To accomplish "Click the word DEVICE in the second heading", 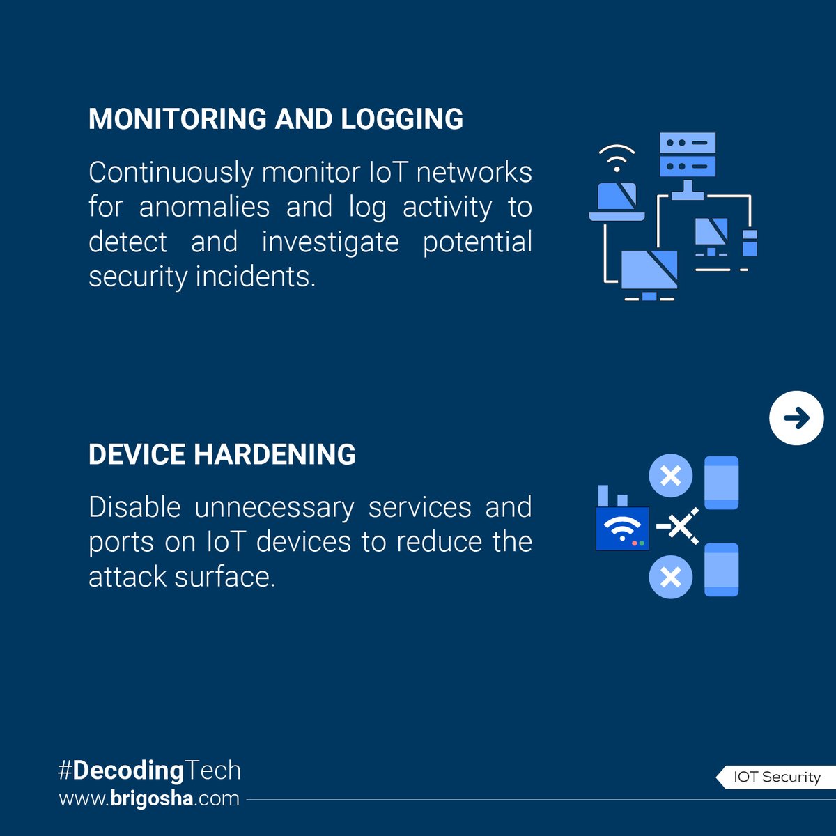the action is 137,455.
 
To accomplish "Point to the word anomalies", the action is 204,207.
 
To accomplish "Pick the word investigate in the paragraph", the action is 330,242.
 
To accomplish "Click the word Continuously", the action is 171,173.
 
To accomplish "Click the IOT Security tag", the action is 776,777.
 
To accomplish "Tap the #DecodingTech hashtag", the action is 149,771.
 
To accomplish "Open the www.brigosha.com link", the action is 149,798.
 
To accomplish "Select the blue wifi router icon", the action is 622,528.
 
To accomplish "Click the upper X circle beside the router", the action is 670,477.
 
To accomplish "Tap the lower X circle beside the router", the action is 670,578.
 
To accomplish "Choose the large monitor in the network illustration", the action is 649,272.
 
